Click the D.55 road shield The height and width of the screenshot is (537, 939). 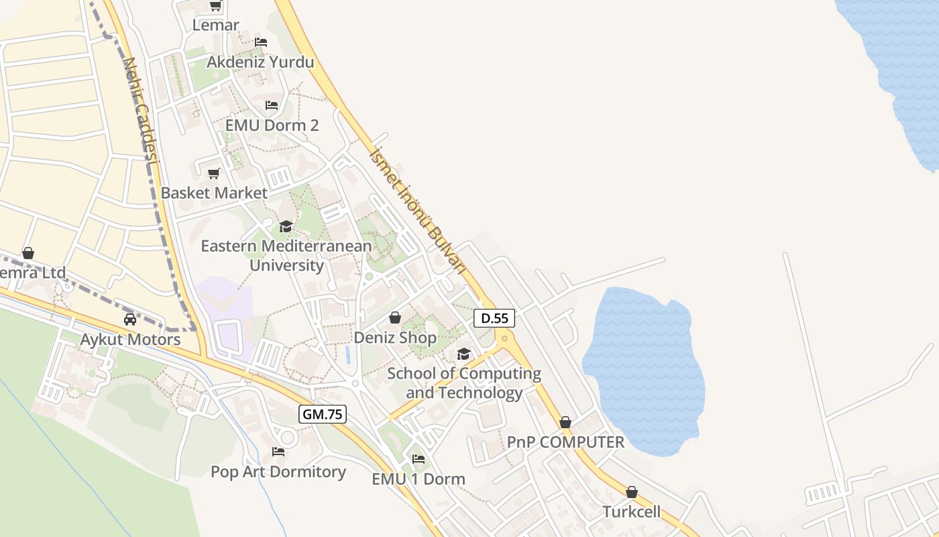point(494,318)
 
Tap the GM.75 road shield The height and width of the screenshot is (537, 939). point(323,414)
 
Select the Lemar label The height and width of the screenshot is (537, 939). point(215,26)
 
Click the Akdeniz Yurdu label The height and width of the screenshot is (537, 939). point(260,62)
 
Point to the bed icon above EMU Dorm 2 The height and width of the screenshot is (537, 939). point(272,105)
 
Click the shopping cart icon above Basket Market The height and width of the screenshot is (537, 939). point(214,174)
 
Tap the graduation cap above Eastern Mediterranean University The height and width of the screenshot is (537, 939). point(286,226)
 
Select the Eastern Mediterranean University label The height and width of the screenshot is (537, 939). point(286,255)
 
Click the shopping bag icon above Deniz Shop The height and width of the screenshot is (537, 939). point(395,318)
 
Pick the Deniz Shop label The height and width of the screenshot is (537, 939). point(395,338)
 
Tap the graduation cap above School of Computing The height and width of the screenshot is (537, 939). point(463,354)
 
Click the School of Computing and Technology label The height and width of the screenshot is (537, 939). point(464,383)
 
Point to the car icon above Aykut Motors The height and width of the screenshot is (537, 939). point(130,320)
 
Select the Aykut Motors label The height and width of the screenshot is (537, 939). point(130,340)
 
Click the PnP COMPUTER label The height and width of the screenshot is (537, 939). point(565,442)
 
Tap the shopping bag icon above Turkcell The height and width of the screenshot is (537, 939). point(631,492)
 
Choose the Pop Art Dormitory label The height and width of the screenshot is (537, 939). point(278,472)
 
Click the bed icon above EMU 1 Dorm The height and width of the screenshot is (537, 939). point(419,459)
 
